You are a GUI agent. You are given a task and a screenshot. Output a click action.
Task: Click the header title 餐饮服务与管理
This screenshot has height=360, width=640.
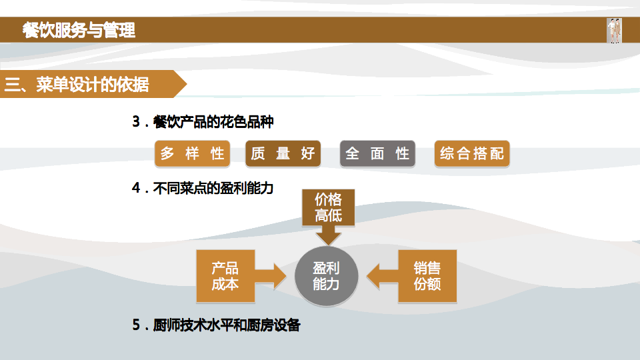click(79, 30)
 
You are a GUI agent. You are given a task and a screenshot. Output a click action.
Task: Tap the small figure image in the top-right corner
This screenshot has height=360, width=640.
click(614, 31)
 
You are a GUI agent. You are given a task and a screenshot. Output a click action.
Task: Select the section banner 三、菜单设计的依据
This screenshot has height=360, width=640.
click(77, 85)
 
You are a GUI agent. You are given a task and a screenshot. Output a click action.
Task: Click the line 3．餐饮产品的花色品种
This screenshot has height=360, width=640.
click(203, 122)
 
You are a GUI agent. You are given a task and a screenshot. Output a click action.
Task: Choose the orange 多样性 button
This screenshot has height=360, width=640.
click(193, 154)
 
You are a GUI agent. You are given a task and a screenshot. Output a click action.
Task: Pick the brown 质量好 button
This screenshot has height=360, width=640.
click(283, 154)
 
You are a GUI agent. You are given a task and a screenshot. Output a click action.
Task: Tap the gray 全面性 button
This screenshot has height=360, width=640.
click(377, 154)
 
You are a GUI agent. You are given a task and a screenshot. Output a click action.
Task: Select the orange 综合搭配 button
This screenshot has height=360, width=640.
click(471, 154)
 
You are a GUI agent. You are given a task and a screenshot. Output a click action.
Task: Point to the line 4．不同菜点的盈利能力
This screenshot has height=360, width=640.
click(203, 189)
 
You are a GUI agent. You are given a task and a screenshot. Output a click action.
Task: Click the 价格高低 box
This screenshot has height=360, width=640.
click(328, 207)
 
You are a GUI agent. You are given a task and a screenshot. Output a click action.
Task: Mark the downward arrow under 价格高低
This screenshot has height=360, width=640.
click(328, 235)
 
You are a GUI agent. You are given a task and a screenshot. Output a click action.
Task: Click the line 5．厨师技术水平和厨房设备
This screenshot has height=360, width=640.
click(217, 325)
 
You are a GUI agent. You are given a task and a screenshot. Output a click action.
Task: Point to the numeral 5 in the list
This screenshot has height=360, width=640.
click(136, 325)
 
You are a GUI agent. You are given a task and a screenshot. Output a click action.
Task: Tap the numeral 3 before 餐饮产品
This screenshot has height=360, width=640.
click(136, 122)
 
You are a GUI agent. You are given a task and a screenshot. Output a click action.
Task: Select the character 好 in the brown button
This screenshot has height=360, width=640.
click(307, 154)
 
